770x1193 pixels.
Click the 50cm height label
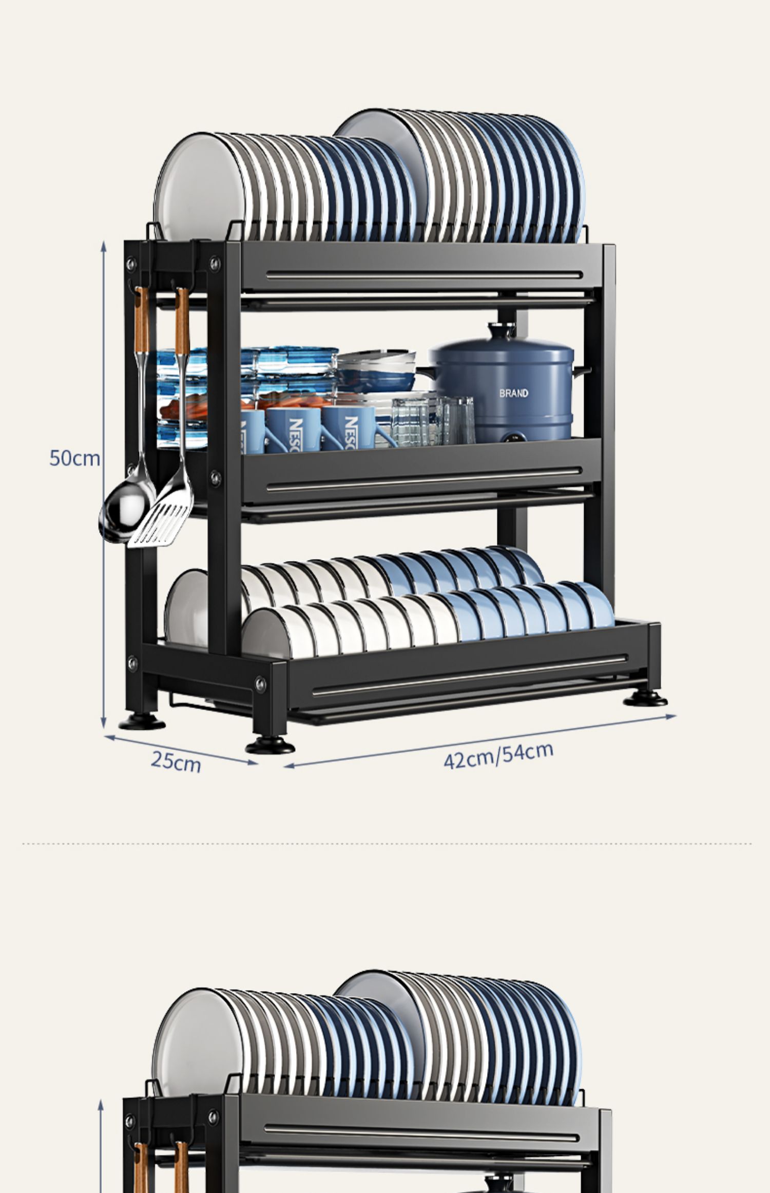point(74,458)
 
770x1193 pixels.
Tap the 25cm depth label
point(176,761)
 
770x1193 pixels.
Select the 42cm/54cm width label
point(498,755)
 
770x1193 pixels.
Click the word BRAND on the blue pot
point(513,393)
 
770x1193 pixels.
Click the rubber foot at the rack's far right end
point(645,699)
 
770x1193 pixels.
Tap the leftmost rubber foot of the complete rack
point(142,722)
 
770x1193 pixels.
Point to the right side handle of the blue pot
point(583,370)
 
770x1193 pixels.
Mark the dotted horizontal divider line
point(385,844)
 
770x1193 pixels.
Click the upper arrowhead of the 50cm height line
point(103,246)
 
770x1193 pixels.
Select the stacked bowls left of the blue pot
point(376,370)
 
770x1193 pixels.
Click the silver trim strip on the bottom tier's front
point(470,675)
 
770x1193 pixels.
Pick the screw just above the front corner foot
point(261,684)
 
